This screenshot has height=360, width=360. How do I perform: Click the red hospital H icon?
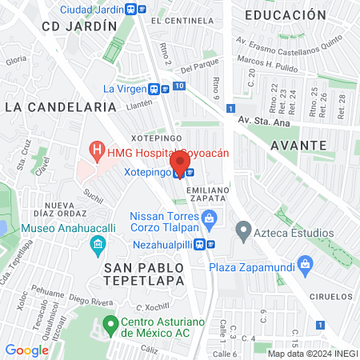pos(97,149)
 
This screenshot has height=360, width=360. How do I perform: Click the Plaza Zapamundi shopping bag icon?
pos(304,264)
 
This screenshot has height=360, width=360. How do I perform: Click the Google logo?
pos(26,350)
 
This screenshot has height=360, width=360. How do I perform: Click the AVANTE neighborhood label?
pos(298,146)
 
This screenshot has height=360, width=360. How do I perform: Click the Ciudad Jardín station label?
pos(92,10)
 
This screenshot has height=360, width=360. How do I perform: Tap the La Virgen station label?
pos(130,89)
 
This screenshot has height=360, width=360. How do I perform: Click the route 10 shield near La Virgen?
pos(178,86)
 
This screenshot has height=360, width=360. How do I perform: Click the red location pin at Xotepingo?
pos(182,162)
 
